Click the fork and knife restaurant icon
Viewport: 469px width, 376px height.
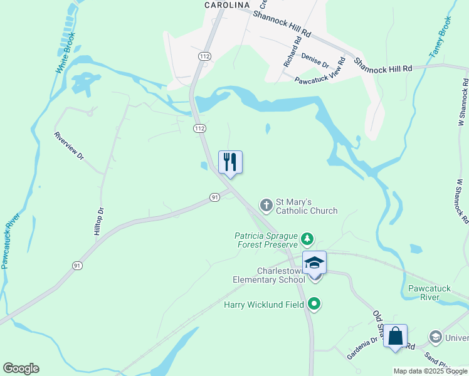pyautogui.click(x=230, y=162)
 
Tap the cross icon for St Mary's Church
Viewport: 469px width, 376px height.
pyautogui.click(x=266, y=204)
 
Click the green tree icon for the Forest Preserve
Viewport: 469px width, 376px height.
pyautogui.click(x=307, y=238)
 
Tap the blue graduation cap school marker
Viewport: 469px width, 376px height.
pyautogui.click(x=314, y=263)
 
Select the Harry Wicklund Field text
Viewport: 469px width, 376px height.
pyautogui.click(x=263, y=305)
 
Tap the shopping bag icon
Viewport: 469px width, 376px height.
pyautogui.click(x=395, y=336)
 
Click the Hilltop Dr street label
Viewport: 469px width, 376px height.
pyautogui.click(x=98, y=222)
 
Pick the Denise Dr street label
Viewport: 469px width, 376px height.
pyautogui.click(x=315, y=60)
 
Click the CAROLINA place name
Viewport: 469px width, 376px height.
pyautogui.click(x=227, y=4)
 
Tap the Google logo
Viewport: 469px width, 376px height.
pyautogui.click(x=21, y=368)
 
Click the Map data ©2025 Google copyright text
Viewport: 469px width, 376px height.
pyautogui.click(x=429, y=371)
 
